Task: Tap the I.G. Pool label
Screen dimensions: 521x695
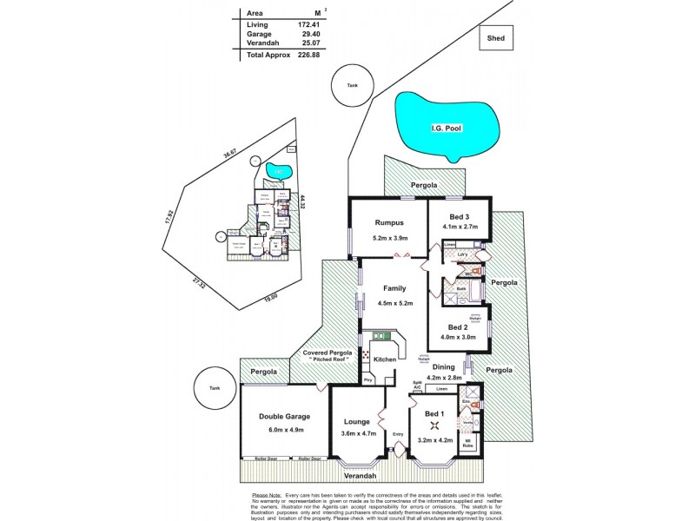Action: click(445, 129)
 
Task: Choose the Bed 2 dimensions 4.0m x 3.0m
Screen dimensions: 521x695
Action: click(459, 336)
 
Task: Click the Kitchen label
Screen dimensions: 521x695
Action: click(385, 359)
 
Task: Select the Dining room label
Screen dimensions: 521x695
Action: click(444, 367)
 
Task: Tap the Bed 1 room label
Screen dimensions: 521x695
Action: click(434, 413)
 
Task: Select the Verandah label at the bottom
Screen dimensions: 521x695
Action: click(357, 477)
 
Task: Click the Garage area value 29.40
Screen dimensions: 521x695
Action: click(309, 34)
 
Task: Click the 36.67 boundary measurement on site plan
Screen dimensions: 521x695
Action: click(229, 154)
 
